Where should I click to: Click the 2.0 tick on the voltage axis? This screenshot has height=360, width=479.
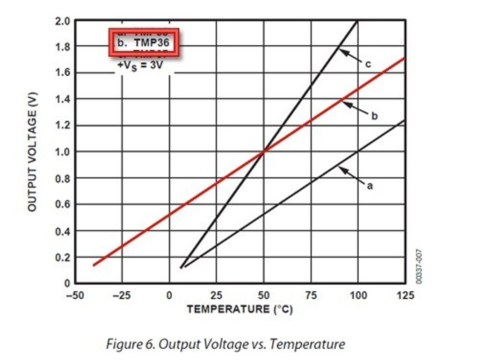tap(63, 21)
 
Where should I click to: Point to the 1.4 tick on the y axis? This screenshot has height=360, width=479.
tap(63, 99)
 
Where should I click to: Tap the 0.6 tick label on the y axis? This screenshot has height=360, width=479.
tap(63, 204)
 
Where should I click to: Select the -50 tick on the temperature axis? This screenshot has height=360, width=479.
tap(75, 295)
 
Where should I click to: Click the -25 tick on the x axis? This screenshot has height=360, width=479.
tap(122, 295)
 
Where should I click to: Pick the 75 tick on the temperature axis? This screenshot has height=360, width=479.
tap(311, 295)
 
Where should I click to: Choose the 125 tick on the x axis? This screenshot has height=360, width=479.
tap(405, 295)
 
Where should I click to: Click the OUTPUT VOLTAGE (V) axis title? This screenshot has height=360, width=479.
tap(32, 151)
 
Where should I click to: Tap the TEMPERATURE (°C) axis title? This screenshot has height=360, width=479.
tap(239, 309)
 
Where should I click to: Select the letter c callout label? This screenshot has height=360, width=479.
tap(368, 65)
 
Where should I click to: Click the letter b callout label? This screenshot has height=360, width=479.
tap(374, 116)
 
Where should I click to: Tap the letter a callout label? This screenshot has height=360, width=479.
tap(370, 186)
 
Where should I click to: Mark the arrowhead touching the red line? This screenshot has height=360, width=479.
tap(345, 103)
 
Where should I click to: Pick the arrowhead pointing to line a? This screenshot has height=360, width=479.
tap(341, 169)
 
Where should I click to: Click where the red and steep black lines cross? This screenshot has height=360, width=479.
tap(263, 151)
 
